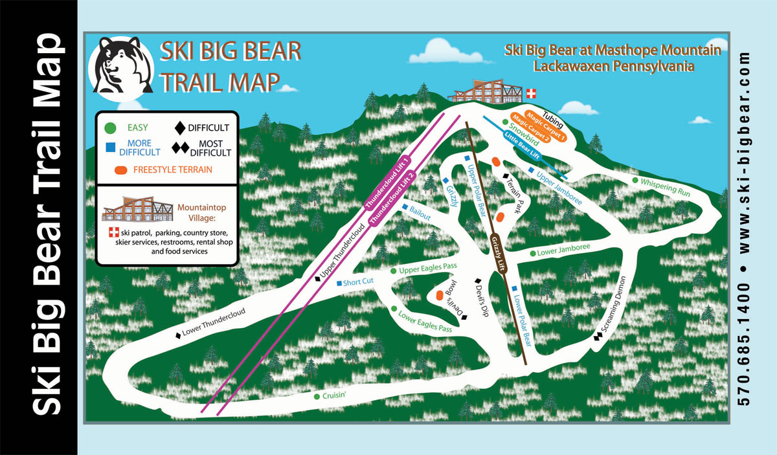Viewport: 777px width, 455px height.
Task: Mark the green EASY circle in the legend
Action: (111, 128)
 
